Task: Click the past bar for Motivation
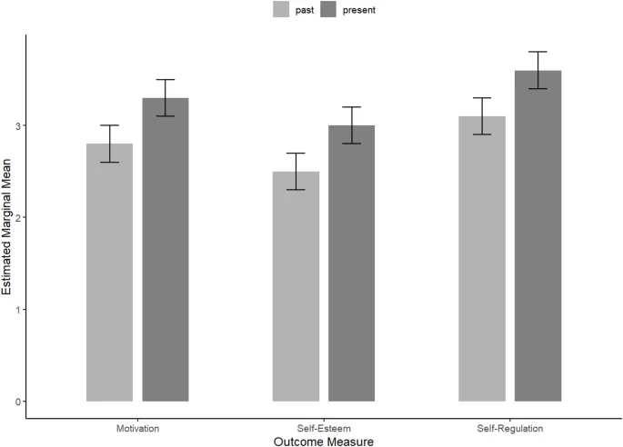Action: pos(110,273)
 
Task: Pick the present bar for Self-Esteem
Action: pos(352,263)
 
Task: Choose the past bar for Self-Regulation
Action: pos(482,259)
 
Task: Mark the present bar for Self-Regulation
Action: pos(538,236)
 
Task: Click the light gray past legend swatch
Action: pos(281,10)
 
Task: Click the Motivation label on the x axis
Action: pos(137,427)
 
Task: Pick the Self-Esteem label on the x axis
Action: pos(324,427)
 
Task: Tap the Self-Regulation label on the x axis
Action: pos(509,427)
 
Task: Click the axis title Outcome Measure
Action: pos(324,441)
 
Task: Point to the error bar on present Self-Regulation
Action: pos(538,70)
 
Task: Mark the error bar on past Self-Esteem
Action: pos(296,172)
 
